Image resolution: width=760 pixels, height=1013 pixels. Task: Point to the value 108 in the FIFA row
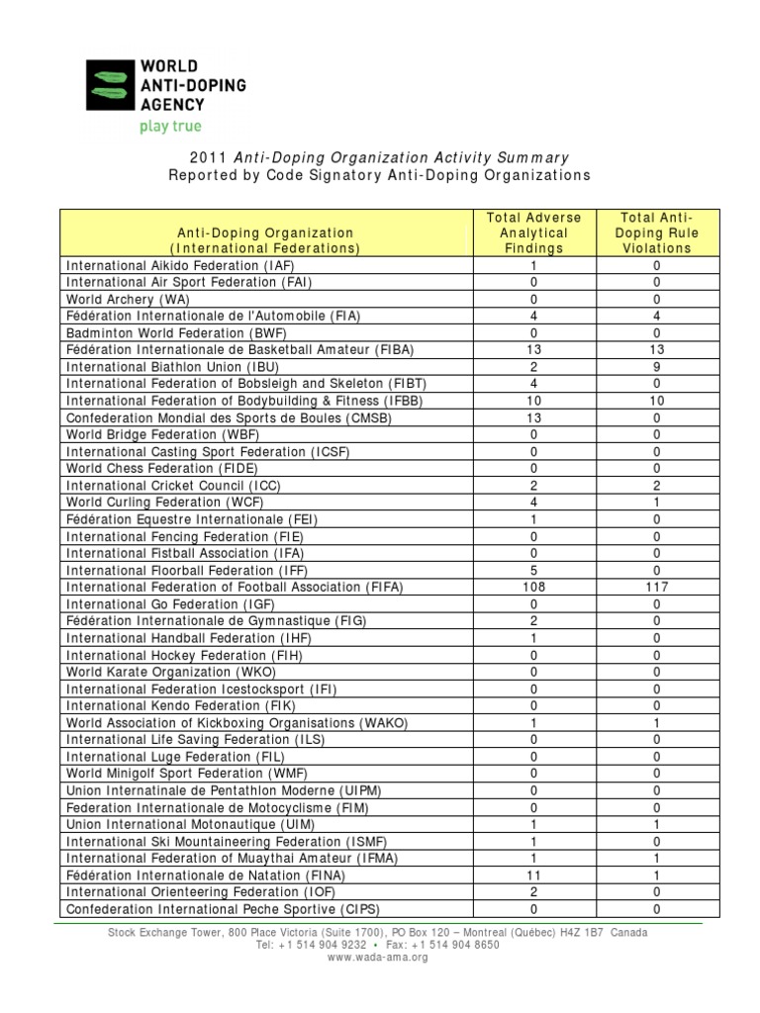tap(534, 587)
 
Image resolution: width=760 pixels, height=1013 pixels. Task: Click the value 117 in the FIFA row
tap(656, 587)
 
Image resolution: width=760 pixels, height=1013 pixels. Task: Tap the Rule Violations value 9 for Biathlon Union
tap(656, 367)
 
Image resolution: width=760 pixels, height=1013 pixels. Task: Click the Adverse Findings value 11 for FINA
tap(534, 875)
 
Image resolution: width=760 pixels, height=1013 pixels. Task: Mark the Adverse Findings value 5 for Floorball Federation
tap(534, 570)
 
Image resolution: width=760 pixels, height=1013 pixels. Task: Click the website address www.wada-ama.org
tap(377, 958)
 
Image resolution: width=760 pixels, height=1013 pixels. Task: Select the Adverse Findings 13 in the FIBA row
tap(534, 349)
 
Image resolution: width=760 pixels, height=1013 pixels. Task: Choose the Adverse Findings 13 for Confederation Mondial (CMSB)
tap(534, 417)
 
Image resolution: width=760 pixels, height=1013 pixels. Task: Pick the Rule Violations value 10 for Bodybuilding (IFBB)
tap(656, 401)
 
